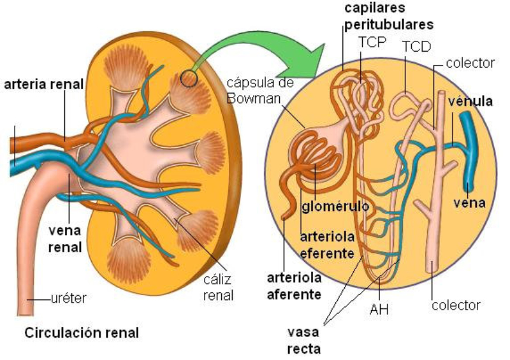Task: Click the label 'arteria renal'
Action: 43,84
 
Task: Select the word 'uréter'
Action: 68,297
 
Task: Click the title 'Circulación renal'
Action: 82,333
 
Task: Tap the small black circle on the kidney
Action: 189,78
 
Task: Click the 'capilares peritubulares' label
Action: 389,17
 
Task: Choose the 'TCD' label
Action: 416,47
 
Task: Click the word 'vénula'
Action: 470,102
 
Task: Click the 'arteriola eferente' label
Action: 326,245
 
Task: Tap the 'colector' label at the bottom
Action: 456,305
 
